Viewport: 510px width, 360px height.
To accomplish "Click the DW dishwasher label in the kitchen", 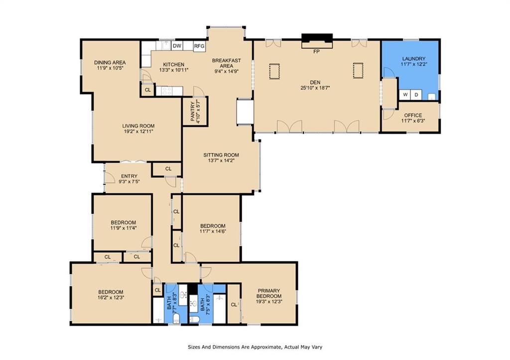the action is (x=177, y=46).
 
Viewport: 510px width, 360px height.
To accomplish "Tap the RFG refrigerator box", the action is (x=199, y=46).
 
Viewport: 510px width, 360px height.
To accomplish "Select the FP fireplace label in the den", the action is (x=316, y=51).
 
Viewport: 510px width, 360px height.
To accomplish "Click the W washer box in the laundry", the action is (x=405, y=95).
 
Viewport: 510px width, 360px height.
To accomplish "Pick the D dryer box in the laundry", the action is (x=416, y=95).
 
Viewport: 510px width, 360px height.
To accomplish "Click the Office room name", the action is (x=413, y=115).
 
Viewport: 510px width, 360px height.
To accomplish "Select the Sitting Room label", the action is (x=221, y=155).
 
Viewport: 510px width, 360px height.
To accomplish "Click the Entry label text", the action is (x=129, y=176).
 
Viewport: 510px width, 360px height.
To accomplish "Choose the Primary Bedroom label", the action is (x=269, y=293).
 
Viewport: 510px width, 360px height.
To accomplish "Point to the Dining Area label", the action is (x=110, y=62).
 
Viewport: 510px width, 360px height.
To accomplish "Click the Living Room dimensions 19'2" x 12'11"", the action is (x=138, y=131).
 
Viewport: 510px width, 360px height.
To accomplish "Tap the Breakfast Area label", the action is (x=227, y=63).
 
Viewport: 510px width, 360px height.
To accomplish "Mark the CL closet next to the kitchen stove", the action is (x=147, y=90).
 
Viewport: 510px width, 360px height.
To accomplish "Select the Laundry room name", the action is (x=414, y=59).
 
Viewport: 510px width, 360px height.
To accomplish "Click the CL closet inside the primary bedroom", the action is (x=234, y=305).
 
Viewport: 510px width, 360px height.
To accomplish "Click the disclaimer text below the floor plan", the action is (x=255, y=347).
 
